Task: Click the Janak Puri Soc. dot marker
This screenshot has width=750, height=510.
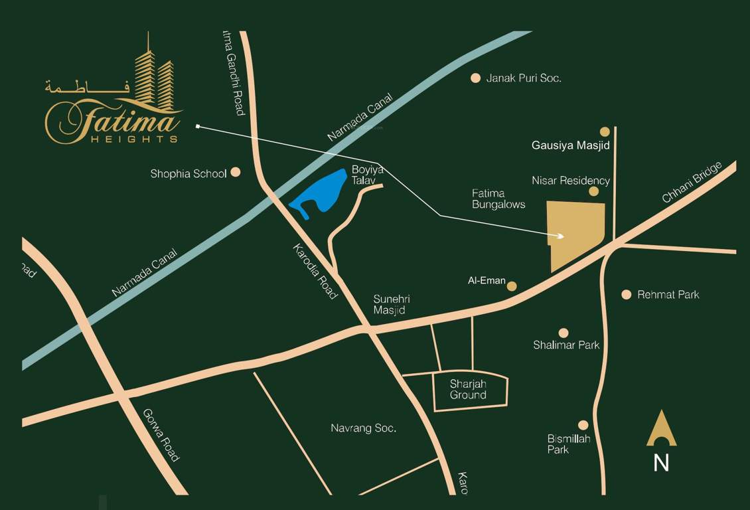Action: point(475,78)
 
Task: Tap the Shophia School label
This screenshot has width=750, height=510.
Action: point(188,174)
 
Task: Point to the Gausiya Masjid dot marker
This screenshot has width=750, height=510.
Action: point(605,131)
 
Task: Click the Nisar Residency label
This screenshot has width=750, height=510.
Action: point(571,181)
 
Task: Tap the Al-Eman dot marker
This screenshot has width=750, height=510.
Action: point(512,286)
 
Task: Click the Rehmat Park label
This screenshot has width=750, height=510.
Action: point(668,295)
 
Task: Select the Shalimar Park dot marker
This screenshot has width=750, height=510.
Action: point(563,333)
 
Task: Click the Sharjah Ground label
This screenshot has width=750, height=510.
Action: point(468,390)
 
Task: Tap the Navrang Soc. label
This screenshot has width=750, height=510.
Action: point(363,428)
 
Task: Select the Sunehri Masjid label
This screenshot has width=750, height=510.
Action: point(389,305)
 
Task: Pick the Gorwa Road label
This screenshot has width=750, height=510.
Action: point(161,435)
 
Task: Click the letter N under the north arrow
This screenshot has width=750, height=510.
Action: point(661,463)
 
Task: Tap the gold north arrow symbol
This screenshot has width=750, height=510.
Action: point(662,429)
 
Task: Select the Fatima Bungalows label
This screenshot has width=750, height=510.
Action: point(498,199)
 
